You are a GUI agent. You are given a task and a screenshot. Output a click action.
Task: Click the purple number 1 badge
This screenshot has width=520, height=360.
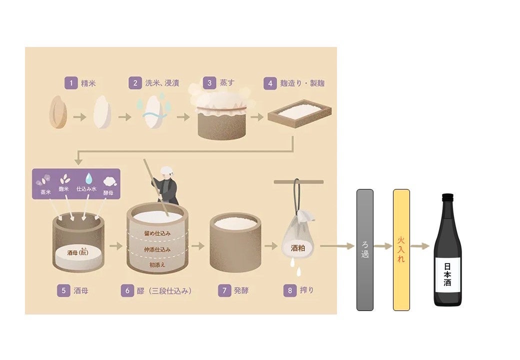pyautogui.click(x=71, y=83)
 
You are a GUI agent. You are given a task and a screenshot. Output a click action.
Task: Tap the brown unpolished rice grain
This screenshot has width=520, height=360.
pyautogui.click(x=58, y=112)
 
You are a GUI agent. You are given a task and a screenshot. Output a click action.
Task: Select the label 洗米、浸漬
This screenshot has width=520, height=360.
pyautogui.click(x=162, y=83)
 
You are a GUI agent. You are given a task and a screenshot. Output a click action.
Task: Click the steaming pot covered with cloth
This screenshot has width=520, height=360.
pyautogui.click(x=221, y=115)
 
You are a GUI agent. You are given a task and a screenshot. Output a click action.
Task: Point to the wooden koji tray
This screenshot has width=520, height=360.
pyautogui.click(x=299, y=113)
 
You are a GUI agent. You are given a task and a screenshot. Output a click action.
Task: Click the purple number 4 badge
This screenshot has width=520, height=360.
pyautogui.click(x=270, y=83)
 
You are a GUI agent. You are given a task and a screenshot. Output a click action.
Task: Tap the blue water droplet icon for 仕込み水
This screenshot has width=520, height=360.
pyautogui.click(x=88, y=178)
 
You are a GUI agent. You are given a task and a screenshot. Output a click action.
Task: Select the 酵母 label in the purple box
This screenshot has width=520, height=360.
pyautogui.click(x=108, y=192)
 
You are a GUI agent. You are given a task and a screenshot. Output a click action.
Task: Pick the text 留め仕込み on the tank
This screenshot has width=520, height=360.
pyautogui.click(x=157, y=233)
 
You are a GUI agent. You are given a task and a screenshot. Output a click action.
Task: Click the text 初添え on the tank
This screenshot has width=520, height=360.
pyautogui.click(x=157, y=265)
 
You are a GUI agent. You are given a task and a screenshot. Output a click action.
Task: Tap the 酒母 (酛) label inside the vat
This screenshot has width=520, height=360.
pyautogui.click(x=78, y=252)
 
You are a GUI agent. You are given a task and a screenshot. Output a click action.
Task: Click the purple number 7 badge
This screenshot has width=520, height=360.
pyautogui.click(x=224, y=290)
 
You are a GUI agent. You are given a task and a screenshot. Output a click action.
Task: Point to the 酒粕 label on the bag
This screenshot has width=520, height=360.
pyautogui.click(x=298, y=248)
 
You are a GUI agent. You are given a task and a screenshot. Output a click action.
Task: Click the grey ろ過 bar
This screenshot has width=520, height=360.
pyautogui.click(x=365, y=250)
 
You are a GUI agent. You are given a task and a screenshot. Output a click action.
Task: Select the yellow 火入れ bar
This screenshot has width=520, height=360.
pyautogui.click(x=401, y=250)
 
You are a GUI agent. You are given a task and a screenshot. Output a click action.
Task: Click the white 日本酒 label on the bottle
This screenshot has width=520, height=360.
pyautogui.click(x=447, y=274)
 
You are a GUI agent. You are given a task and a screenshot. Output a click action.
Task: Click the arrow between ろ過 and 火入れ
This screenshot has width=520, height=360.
pyautogui.click(x=383, y=246)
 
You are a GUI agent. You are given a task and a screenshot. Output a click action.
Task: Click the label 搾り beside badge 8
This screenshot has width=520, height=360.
pyautogui.click(x=307, y=290)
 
